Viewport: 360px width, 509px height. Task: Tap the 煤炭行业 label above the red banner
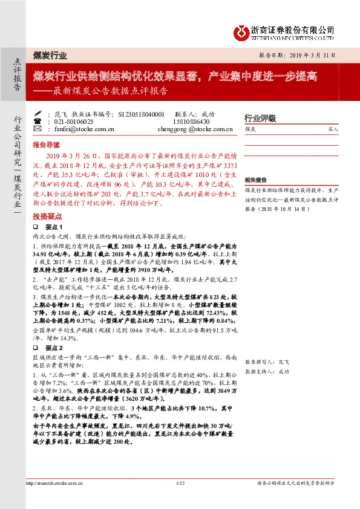pos(50,55)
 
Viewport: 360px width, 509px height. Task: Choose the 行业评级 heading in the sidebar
pos(260,118)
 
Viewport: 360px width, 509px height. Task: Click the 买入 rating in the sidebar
pos(333,129)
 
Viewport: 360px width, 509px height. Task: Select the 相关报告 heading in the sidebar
pos(256,180)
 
